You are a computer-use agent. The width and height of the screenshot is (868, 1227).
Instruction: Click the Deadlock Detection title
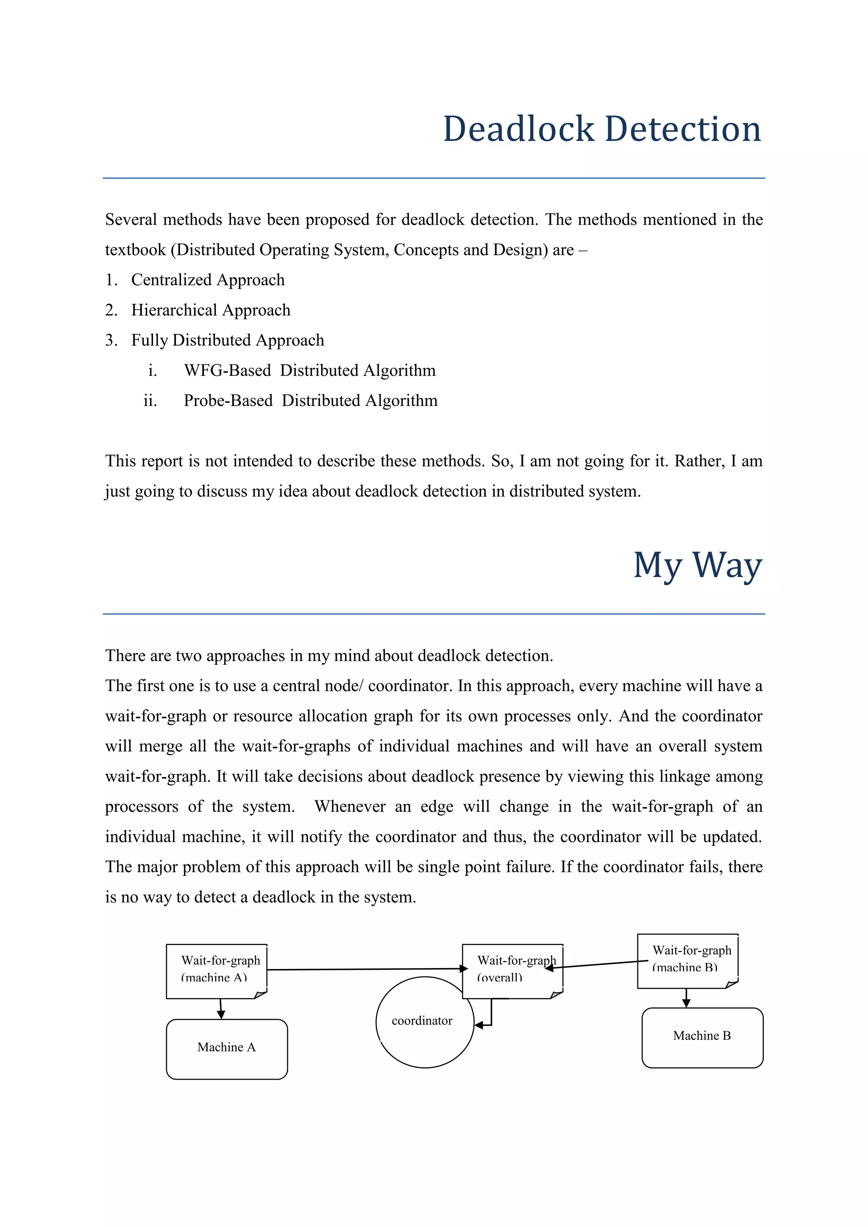pyautogui.click(x=602, y=129)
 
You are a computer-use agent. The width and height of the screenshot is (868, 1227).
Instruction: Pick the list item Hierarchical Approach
pyautogui.click(x=211, y=310)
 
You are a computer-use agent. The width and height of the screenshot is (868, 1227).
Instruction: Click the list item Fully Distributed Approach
pyautogui.click(x=228, y=340)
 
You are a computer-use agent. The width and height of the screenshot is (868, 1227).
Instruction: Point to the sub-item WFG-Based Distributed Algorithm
pyautogui.click(x=309, y=370)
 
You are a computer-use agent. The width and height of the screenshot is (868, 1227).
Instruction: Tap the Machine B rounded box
pyautogui.click(x=702, y=1037)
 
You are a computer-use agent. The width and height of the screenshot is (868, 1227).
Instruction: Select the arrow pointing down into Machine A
pyautogui.click(x=221, y=1009)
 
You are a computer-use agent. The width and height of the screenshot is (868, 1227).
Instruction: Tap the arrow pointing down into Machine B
pyautogui.click(x=686, y=998)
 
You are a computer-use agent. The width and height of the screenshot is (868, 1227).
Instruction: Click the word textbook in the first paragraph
pyautogui.click(x=135, y=250)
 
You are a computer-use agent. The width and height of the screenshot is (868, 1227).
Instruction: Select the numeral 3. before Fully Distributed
pyautogui.click(x=111, y=340)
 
